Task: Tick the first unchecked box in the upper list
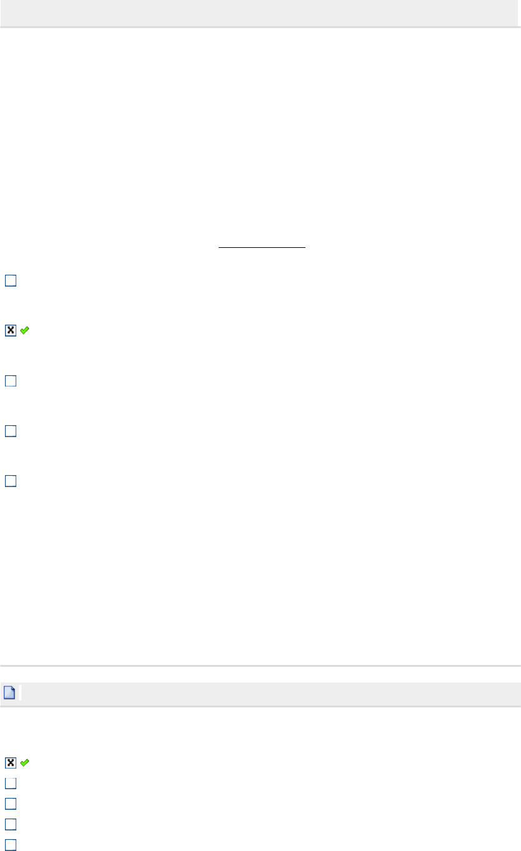[11, 281]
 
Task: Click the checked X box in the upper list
[11, 330]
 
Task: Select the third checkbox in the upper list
[11, 380]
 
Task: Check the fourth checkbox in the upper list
[11, 431]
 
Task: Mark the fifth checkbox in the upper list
[11, 481]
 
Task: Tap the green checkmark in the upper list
[24, 330]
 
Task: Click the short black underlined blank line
[262, 247]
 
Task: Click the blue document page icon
[9, 692]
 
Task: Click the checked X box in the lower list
[11, 762]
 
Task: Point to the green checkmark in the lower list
[24, 762]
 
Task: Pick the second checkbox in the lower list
[11, 783]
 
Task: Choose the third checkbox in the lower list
[11, 804]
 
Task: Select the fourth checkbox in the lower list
[11, 824]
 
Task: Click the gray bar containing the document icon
[269, 693]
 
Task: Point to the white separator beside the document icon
[20, 693]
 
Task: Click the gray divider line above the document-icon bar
[260, 666]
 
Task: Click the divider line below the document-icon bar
[260, 706]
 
